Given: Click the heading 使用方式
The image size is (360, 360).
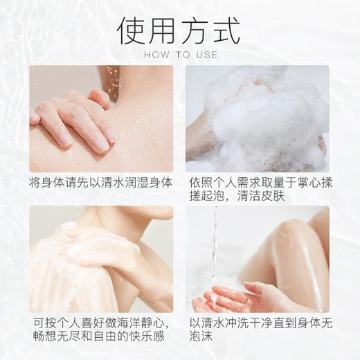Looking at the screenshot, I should (179, 30).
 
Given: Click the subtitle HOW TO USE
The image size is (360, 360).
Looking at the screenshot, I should (180, 55).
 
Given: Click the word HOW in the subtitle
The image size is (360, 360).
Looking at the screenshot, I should (154, 55).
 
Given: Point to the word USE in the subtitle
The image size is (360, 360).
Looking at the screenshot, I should (206, 55).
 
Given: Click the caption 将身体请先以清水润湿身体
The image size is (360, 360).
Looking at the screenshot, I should (99, 183).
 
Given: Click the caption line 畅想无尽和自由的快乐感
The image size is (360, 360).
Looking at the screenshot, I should (99, 337).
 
